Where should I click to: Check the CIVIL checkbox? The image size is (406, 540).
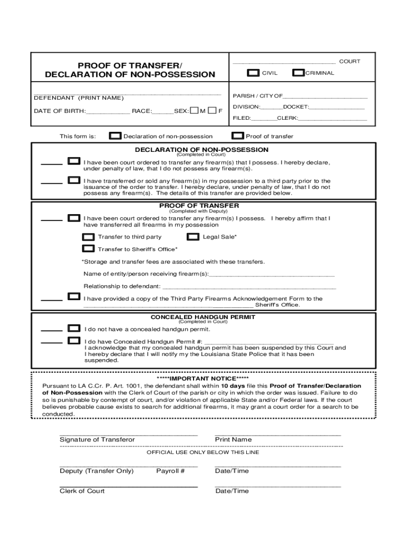(254, 73)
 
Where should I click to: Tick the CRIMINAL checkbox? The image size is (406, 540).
(298, 73)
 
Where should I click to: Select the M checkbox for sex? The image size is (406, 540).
(194, 111)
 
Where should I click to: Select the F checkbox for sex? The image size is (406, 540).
(212, 111)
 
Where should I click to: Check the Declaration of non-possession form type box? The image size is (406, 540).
(115, 136)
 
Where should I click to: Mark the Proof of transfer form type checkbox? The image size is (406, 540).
(238, 136)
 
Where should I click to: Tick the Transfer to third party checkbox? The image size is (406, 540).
(89, 237)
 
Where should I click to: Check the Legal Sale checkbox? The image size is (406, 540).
(194, 237)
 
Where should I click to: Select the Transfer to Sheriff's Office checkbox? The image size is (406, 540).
(89, 249)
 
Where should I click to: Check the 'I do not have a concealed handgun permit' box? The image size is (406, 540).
(74, 329)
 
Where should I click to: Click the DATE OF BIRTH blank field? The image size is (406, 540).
(108, 111)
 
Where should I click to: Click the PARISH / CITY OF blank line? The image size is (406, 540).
(325, 96)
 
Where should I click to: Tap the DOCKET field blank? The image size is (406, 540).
(336, 107)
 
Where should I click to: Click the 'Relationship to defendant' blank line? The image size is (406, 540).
(249, 286)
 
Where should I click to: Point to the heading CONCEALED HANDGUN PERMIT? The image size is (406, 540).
(203, 317)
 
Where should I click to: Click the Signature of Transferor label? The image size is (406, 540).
(97, 440)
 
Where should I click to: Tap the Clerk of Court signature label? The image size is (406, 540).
(82, 491)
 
